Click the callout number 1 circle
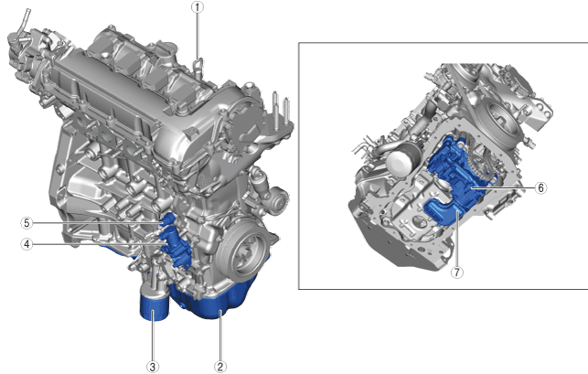pos(198,7)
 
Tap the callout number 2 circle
pos(220,367)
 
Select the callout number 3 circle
pos(153,367)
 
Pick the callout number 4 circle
pos(27,244)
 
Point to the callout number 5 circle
pos(27,223)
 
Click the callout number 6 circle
pos(540,187)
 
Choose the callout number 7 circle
pos(456,272)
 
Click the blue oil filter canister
pos(155,307)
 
